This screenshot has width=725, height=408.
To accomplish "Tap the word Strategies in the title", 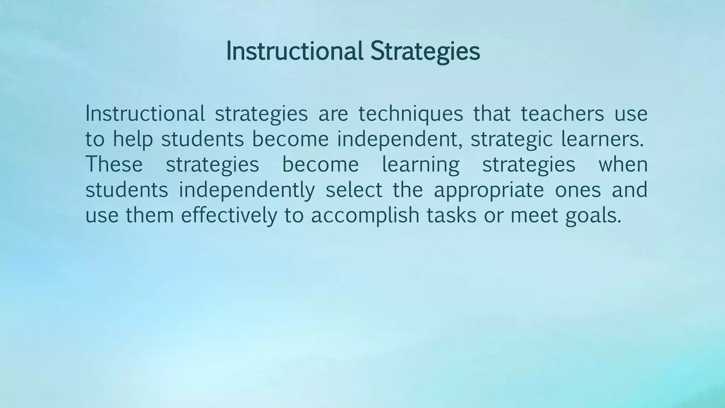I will pyautogui.click(x=425, y=51).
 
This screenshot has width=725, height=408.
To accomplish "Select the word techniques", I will pyautogui.click(x=411, y=114).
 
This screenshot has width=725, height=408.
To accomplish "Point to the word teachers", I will pyautogui.click(x=562, y=114).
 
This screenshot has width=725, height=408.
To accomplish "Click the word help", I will pyautogui.click(x=133, y=139).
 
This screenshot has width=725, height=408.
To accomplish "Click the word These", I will pyautogui.click(x=114, y=164).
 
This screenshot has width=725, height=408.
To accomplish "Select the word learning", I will pyautogui.click(x=421, y=165).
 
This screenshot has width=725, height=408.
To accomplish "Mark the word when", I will pyautogui.click(x=623, y=164).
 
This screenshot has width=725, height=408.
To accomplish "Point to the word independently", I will pyautogui.click(x=246, y=190).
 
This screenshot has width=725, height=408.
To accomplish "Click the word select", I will pyautogui.click(x=354, y=190).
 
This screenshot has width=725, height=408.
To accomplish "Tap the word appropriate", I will pyautogui.click(x=489, y=190).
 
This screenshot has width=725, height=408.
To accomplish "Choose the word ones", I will pyautogui.click(x=578, y=190).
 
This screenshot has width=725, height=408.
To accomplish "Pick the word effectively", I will pyautogui.click(x=229, y=215).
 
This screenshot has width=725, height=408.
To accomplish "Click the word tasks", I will pyautogui.click(x=451, y=215).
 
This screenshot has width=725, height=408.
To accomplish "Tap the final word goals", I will pyautogui.click(x=593, y=215).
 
